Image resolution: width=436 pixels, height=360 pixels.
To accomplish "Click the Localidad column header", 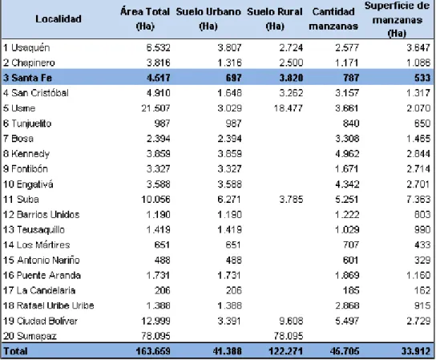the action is click(59, 19).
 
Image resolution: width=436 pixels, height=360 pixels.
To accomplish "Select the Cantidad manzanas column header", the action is click(333, 19).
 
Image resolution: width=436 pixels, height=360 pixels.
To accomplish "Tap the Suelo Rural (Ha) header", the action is click(275, 19).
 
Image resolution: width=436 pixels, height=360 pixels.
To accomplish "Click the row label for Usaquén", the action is click(26, 48).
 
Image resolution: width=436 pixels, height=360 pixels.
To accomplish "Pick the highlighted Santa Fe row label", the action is click(27, 78).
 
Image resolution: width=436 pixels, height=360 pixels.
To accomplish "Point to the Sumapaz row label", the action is click(30, 336).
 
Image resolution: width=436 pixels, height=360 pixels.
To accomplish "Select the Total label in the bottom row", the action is click(15, 351).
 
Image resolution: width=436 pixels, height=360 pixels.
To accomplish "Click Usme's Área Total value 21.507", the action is click(155, 108).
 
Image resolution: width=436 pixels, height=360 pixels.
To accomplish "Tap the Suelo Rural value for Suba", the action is click(291, 200).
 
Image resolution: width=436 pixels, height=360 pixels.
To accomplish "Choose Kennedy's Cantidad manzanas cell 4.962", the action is click(347, 154).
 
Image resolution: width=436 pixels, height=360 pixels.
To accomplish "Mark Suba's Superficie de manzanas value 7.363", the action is click(418, 200).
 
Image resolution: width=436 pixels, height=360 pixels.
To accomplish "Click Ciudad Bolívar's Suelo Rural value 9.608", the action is click(291, 321).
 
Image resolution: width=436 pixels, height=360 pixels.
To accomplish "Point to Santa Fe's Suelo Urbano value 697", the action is click(233, 78).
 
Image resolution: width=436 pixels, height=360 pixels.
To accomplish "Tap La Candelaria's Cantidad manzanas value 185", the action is click(351, 290).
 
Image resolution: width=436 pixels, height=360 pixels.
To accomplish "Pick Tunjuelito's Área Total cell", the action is click(162, 123).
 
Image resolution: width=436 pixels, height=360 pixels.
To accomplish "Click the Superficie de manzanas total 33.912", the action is click(416, 351).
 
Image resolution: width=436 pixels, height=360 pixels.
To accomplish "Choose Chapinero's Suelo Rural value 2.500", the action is click(291, 63).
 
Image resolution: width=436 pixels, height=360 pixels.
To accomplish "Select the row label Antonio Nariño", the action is click(42, 260).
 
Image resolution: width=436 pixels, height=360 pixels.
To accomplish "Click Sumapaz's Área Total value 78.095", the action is click(155, 336).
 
